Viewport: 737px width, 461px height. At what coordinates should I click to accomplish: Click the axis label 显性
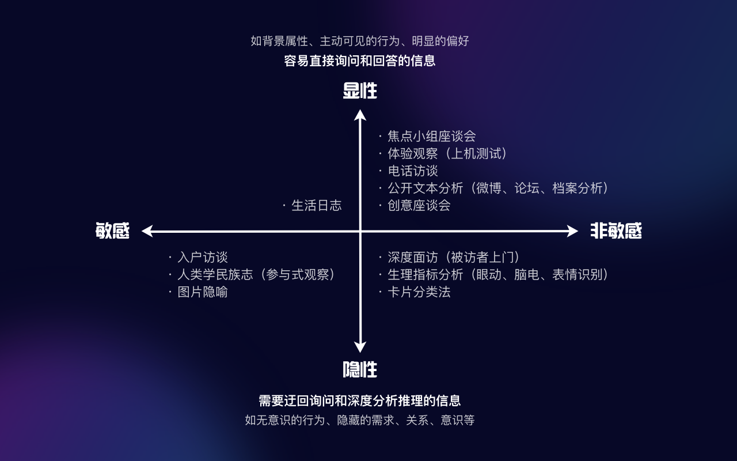point(360,91)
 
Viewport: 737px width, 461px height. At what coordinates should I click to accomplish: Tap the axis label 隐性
point(360,369)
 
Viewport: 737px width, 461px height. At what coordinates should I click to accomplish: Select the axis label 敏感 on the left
point(113,231)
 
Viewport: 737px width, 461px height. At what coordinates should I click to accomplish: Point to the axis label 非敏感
point(616,231)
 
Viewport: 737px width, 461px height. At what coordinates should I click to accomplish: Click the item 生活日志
point(316,206)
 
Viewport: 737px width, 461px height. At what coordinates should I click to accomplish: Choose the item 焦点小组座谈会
point(431,137)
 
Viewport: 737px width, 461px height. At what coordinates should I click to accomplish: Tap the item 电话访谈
point(412,171)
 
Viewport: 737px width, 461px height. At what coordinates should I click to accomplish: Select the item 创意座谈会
point(419,206)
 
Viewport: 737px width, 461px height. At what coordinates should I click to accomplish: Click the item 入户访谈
point(202,258)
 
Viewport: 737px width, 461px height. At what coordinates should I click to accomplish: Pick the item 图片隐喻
point(202,292)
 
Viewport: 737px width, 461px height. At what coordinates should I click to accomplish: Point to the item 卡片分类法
point(419,292)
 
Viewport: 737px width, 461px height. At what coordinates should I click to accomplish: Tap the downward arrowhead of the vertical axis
point(360,347)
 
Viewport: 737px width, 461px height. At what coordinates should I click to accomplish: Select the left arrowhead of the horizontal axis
point(147,231)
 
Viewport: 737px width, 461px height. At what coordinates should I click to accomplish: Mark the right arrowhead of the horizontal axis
point(573,231)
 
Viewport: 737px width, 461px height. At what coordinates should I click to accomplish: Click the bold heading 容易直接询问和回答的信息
point(360,61)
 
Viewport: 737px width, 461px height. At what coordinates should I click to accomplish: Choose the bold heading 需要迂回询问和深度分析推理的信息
point(360,401)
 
